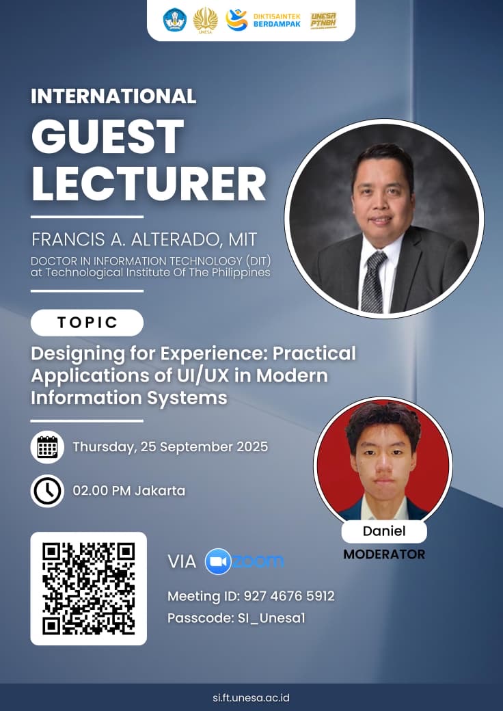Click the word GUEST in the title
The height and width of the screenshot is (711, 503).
pyautogui.click(x=108, y=137)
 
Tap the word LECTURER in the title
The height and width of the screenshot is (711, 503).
pyautogui.click(x=148, y=183)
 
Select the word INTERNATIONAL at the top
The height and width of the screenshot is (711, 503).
pyautogui.click(x=113, y=96)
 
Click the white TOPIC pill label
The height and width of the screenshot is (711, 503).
pyautogui.click(x=87, y=323)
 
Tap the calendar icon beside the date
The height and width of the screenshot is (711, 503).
pyautogui.click(x=47, y=446)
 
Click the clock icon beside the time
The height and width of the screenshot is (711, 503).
pyautogui.click(x=47, y=491)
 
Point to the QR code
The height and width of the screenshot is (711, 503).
pyautogui.click(x=88, y=589)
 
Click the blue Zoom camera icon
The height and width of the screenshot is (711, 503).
pyautogui.click(x=218, y=561)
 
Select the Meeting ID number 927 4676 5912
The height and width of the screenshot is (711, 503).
pyautogui.click(x=289, y=596)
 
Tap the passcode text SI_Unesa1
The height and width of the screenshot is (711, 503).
pyautogui.click(x=271, y=618)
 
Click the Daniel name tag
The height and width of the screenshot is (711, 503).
pyautogui.click(x=384, y=531)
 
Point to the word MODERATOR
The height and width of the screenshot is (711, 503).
pyautogui.click(x=384, y=554)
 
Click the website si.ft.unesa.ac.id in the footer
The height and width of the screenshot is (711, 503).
pyautogui.click(x=251, y=697)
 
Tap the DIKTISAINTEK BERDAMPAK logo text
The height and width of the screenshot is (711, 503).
pyautogui.click(x=277, y=20)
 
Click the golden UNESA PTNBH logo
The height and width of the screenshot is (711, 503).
pyautogui.click(x=323, y=21)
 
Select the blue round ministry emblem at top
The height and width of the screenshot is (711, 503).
pyautogui.click(x=174, y=20)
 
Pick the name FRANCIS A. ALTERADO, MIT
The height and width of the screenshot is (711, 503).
pyautogui.click(x=144, y=239)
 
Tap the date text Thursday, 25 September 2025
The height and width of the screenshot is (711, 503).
pyautogui.click(x=170, y=447)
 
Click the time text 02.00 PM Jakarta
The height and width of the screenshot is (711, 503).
pyautogui.click(x=129, y=491)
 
